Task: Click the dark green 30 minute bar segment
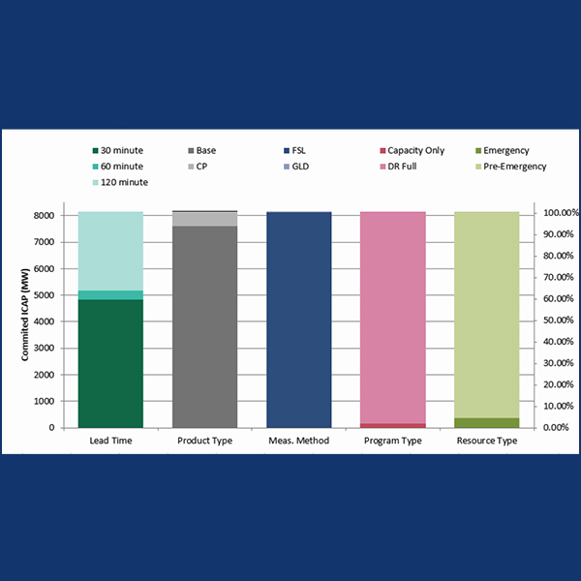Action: pos(110,363)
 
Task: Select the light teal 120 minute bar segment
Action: pos(110,250)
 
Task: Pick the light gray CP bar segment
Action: pos(204,219)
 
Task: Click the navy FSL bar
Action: pos(298,320)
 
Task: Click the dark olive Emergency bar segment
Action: pos(486,422)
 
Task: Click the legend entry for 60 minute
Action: pos(119,167)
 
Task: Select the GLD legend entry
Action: pos(300,167)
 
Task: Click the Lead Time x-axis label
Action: pos(110,442)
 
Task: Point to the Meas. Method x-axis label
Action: pos(298,442)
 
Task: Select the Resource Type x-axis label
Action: pos(486,442)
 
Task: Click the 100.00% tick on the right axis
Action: pos(559,212)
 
